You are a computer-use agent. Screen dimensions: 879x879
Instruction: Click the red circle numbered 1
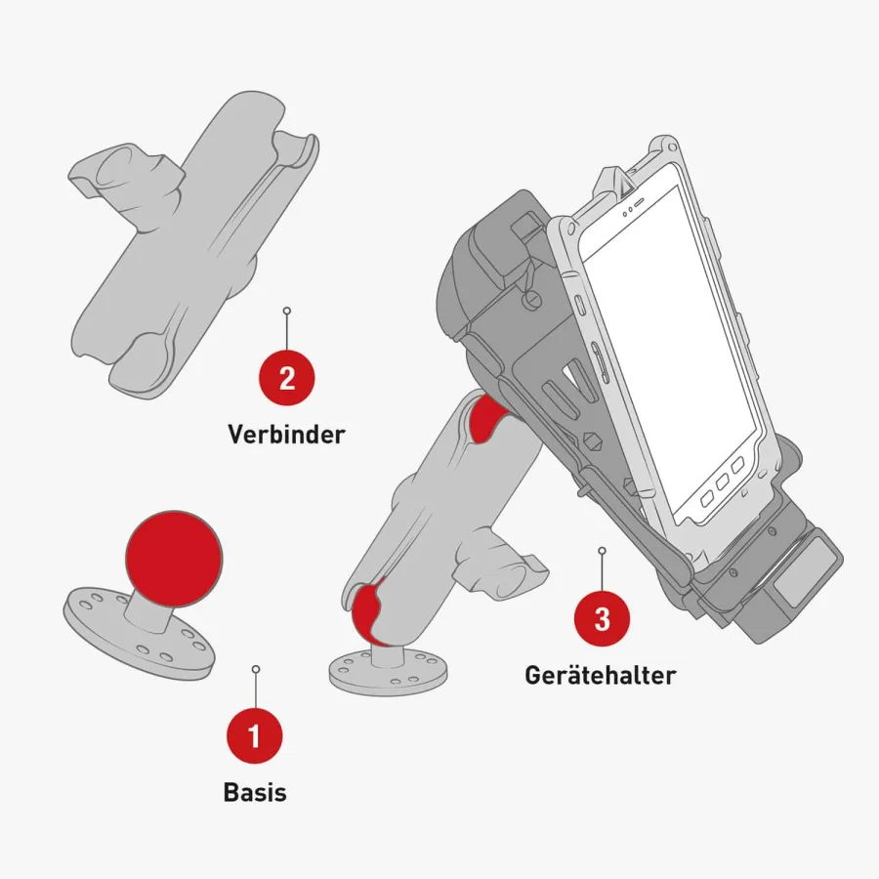255,734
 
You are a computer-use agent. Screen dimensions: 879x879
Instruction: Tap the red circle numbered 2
287,377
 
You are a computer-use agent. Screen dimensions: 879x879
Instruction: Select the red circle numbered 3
603,618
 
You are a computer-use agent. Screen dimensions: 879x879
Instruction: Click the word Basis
255,792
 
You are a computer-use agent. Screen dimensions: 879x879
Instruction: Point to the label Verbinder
286,434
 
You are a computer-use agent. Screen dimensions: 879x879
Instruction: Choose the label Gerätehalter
600,675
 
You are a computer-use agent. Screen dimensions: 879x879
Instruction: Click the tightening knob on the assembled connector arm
508,569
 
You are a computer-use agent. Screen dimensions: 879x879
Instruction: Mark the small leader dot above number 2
287,311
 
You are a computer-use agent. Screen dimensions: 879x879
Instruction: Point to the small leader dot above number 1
255,669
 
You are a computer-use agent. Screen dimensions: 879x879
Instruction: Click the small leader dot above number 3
603,551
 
